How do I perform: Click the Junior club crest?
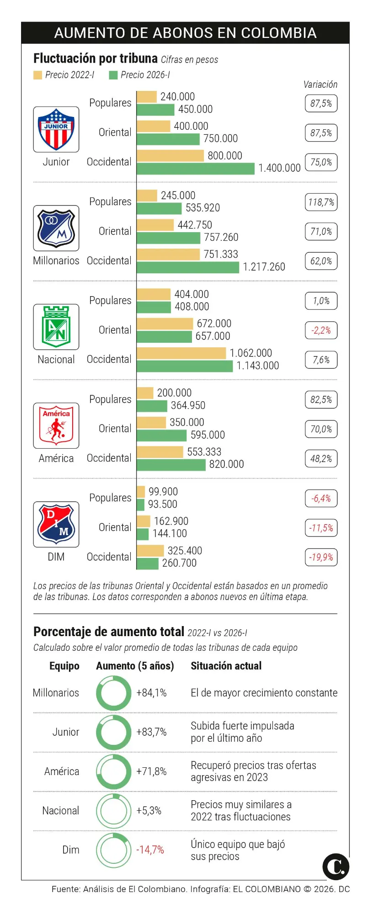point(56,129)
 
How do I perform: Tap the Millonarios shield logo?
point(56,228)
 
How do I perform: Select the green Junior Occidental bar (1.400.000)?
point(195,169)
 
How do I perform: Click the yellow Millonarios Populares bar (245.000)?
point(147,196)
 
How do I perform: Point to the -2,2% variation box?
point(321,330)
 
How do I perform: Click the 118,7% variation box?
point(321,202)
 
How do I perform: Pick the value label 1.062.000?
point(250,353)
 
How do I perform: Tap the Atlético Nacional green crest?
point(56,327)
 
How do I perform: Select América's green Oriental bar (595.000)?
point(162,435)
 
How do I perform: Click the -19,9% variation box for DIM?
point(321,557)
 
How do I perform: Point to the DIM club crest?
point(56,524)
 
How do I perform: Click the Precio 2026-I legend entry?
point(139,75)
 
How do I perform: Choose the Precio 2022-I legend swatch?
point(37,75)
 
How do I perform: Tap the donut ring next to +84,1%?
point(113,693)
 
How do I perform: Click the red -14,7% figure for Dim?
point(150,850)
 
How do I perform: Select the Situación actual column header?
point(226,666)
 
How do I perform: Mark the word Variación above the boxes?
point(320,85)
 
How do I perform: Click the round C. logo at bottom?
point(336,866)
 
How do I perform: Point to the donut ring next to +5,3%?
point(113,811)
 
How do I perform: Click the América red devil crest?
point(56,425)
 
